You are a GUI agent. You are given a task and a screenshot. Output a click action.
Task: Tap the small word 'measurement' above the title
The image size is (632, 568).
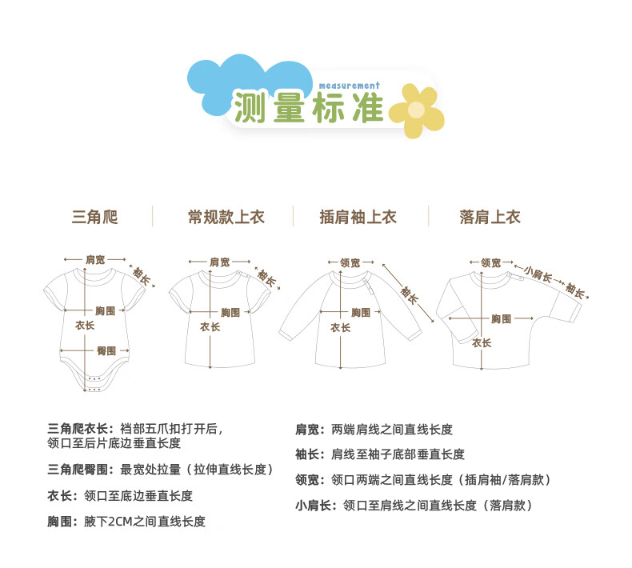(348, 85)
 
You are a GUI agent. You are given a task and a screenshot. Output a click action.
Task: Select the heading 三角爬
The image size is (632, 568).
(94, 217)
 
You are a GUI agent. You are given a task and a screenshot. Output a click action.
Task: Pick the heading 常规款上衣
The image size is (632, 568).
(226, 217)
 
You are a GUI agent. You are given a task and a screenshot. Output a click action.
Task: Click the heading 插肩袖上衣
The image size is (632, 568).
(358, 217)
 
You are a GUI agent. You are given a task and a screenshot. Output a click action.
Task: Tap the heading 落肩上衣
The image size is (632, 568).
(490, 217)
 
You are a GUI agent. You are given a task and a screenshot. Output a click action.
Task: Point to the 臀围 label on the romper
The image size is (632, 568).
(106, 350)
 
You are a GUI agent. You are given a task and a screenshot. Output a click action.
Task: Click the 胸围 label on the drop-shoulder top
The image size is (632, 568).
(502, 318)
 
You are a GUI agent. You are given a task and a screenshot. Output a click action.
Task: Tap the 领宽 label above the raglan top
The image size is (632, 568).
(350, 262)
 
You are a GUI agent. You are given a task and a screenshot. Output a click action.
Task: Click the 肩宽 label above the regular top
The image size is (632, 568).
(219, 262)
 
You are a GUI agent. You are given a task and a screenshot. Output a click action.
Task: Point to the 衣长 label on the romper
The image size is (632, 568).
(85, 326)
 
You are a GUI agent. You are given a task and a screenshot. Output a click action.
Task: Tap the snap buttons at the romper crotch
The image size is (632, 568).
(94, 382)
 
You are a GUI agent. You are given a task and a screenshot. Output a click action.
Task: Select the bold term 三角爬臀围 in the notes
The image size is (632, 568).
(80, 470)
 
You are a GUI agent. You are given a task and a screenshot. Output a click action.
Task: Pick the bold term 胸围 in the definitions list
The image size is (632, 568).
(61, 522)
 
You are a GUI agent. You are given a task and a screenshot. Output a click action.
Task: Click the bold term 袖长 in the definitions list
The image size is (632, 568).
(308, 454)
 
